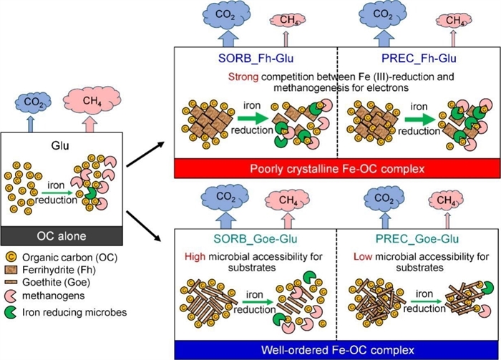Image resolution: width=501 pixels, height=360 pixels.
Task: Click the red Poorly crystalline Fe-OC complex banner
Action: (336, 169)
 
